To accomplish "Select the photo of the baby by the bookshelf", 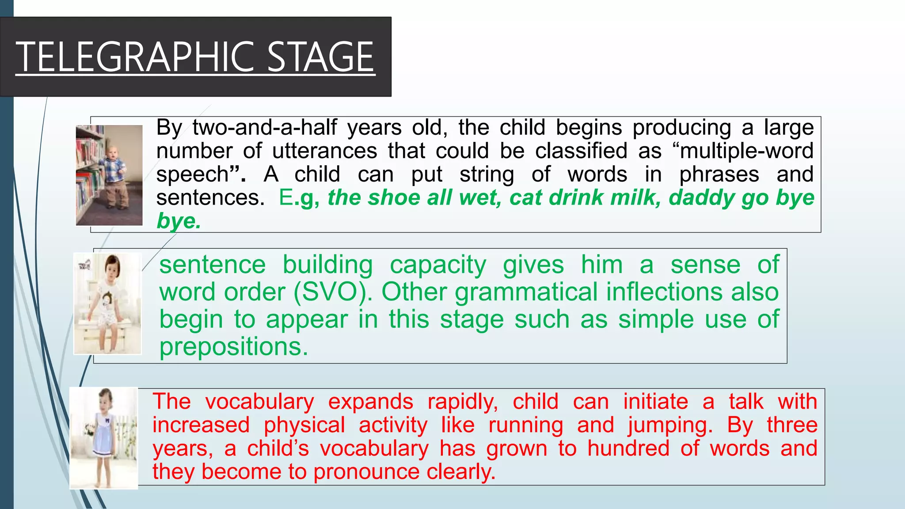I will [109, 175].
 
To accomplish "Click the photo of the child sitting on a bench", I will [107, 304].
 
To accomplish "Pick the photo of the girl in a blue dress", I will [104, 438].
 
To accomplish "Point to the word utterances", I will [324, 151].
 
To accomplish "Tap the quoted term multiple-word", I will [746, 151].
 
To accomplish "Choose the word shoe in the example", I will [394, 198].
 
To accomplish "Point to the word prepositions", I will [233, 347].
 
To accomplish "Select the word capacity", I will [438, 265].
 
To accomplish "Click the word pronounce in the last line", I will [366, 472].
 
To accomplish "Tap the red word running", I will [526, 425].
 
